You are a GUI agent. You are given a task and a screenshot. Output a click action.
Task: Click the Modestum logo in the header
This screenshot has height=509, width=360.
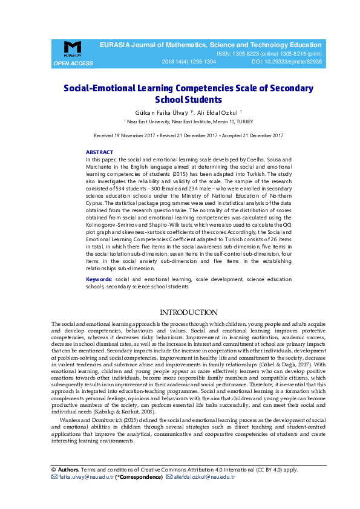point(72,49)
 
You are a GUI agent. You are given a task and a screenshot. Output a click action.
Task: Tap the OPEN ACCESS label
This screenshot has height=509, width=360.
point(73,63)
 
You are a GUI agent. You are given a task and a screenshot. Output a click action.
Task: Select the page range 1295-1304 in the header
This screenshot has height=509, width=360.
point(201,62)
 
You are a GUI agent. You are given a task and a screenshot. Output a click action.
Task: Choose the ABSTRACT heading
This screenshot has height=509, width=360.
point(99,152)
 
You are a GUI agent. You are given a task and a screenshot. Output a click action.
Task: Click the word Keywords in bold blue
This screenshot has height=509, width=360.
point(99,280)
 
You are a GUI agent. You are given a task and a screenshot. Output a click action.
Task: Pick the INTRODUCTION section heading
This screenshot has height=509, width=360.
point(188,313)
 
